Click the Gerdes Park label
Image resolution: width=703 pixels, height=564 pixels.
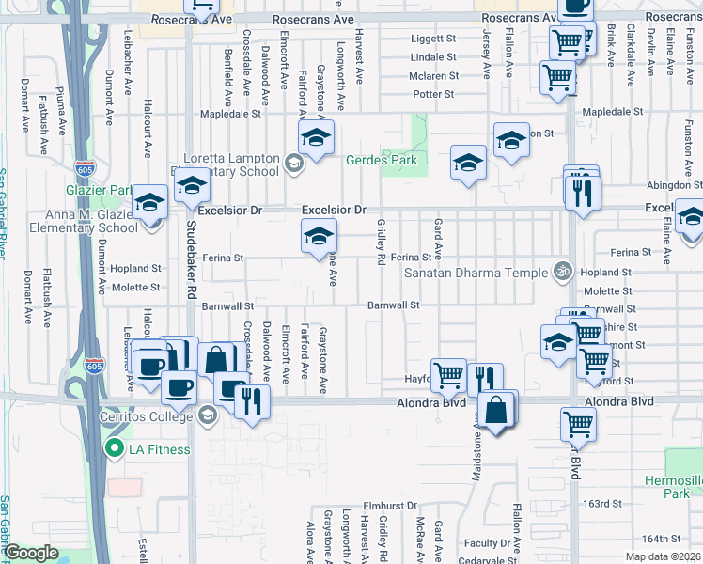tap(383, 160)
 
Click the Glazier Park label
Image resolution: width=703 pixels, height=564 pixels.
tap(103, 190)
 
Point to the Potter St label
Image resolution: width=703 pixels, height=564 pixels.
tap(433, 94)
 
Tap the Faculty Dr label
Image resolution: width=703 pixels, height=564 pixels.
tap(486, 543)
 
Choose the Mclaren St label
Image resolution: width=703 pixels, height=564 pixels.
tap(433, 76)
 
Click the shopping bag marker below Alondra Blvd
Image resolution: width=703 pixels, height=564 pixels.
tap(496, 412)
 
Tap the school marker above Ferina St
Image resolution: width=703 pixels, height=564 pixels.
tap(319, 237)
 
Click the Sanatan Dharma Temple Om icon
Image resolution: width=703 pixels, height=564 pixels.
tap(563, 271)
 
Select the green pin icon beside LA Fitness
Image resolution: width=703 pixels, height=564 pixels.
tap(115, 448)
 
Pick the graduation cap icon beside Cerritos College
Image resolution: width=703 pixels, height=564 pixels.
tap(208, 415)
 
